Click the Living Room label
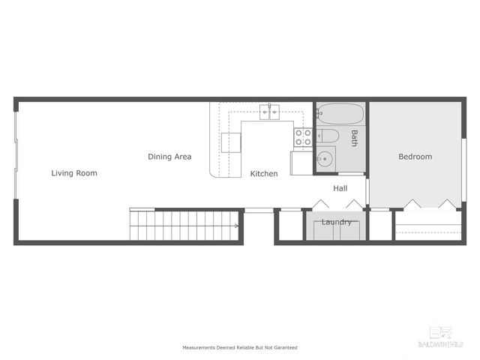coord(74,173)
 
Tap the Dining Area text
coord(169,157)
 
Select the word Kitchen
coord(264,173)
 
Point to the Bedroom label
coord(415,157)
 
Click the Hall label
coord(340,188)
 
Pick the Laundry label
coord(336,222)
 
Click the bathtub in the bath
coord(340,115)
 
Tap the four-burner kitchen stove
coord(303,136)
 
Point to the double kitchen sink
coord(270,112)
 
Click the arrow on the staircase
coord(236,225)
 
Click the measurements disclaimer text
coord(240,348)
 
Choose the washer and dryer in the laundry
coord(336,230)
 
